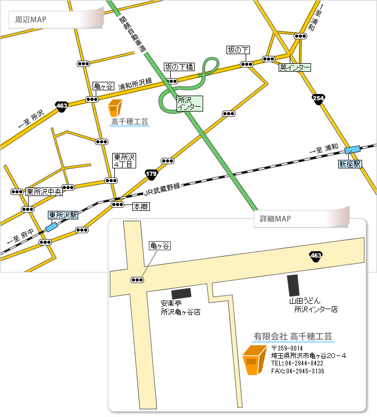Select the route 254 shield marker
319,99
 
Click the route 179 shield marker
151,174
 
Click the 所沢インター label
189,103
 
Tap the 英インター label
295,67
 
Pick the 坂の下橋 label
179,67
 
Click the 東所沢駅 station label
63,215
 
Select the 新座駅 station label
350,164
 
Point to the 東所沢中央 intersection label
44,192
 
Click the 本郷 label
140,206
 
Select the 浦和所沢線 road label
135,84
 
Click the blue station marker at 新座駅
351,151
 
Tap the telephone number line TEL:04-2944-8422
297,363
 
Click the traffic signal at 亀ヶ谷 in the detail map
137,279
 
